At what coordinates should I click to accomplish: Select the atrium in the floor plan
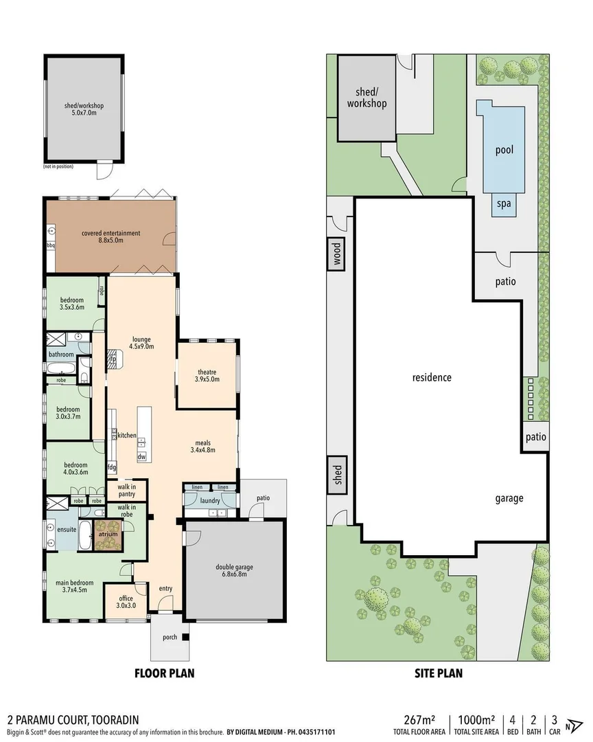pos(107,534)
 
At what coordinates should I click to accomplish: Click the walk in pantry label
pos(126,489)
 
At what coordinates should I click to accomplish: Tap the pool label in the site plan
pos(504,149)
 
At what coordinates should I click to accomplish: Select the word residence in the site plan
pos(432,377)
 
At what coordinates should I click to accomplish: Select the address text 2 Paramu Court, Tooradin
pos(73,719)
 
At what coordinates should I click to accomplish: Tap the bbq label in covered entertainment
pos(50,245)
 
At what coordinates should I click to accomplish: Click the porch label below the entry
pos(169,638)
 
